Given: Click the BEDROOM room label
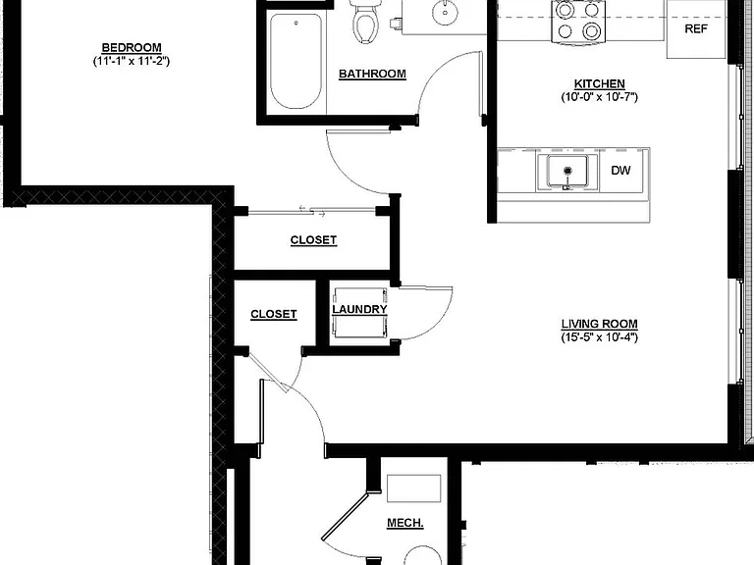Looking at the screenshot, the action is pyautogui.click(x=132, y=47).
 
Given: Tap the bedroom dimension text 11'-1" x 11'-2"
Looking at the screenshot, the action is pyautogui.click(x=132, y=61).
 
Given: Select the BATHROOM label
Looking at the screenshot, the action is pyautogui.click(x=372, y=74).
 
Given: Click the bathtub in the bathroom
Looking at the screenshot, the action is pyautogui.click(x=296, y=61).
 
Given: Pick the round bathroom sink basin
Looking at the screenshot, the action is pyautogui.click(x=445, y=12).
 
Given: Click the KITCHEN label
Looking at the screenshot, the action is pyautogui.click(x=599, y=83).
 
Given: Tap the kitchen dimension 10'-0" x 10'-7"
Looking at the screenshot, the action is pyautogui.click(x=599, y=96).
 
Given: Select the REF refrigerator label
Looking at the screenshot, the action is pyautogui.click(x=696, y=28).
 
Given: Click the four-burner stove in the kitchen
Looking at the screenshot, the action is pyautogui.click(x=578, y=22).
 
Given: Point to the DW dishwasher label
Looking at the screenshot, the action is pyautogui.click(x=620, y=170).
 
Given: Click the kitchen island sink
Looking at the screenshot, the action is pyautogui.click(x=567, y=171).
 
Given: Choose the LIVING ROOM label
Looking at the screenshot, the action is pyautogui.click(x=599, y=324).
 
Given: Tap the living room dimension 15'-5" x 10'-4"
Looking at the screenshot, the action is pyautogui.click(x=599, y=336).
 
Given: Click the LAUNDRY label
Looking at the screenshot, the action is pyautogui.click(x=359, y=309).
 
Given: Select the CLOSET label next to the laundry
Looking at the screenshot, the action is pyautogui.click(x=274, y=314).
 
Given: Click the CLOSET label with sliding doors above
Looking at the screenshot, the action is pyautogui.click(x=313, y=240).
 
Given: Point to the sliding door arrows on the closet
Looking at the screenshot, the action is pyautogui.click(x=312, y=211).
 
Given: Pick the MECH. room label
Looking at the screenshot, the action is pyautogui.click(x=404, y=523).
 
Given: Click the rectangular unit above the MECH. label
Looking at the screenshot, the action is pyautogui.click(x=413, y=488).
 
